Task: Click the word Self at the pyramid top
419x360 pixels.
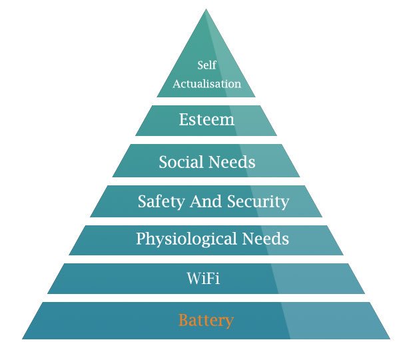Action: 207,65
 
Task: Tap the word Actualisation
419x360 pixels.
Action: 207,85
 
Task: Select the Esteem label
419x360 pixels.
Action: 207,120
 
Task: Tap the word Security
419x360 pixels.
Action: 256,201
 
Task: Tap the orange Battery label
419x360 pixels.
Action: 206,321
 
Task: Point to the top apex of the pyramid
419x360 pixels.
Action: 206,9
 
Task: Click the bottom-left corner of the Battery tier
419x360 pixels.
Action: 22,339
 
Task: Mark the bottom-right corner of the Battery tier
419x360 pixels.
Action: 390,339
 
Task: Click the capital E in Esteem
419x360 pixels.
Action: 184,120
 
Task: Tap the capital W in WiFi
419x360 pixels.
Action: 194,279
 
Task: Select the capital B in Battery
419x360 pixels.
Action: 183,320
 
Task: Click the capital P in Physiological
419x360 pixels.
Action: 141,238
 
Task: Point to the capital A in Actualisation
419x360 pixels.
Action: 177,85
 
